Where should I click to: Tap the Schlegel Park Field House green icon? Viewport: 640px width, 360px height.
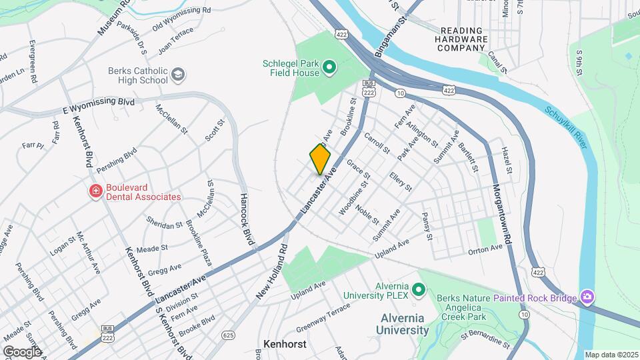(329, 67)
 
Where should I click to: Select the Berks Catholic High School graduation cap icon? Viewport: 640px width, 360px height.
(177, 75)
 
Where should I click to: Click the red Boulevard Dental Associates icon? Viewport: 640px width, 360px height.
(96, 192)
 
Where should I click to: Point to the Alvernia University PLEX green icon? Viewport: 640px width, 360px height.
(419, 289)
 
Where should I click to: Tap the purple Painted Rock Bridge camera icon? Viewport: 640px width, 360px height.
(587, 295)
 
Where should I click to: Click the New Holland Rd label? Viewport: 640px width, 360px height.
(270, 271)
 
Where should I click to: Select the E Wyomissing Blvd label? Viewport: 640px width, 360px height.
(99, 105)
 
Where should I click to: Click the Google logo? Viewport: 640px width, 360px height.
(21, 351)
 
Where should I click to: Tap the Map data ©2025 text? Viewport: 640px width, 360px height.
(611, 355)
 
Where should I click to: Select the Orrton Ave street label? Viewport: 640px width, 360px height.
(484, 248)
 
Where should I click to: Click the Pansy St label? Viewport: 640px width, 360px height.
(427, 227)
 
